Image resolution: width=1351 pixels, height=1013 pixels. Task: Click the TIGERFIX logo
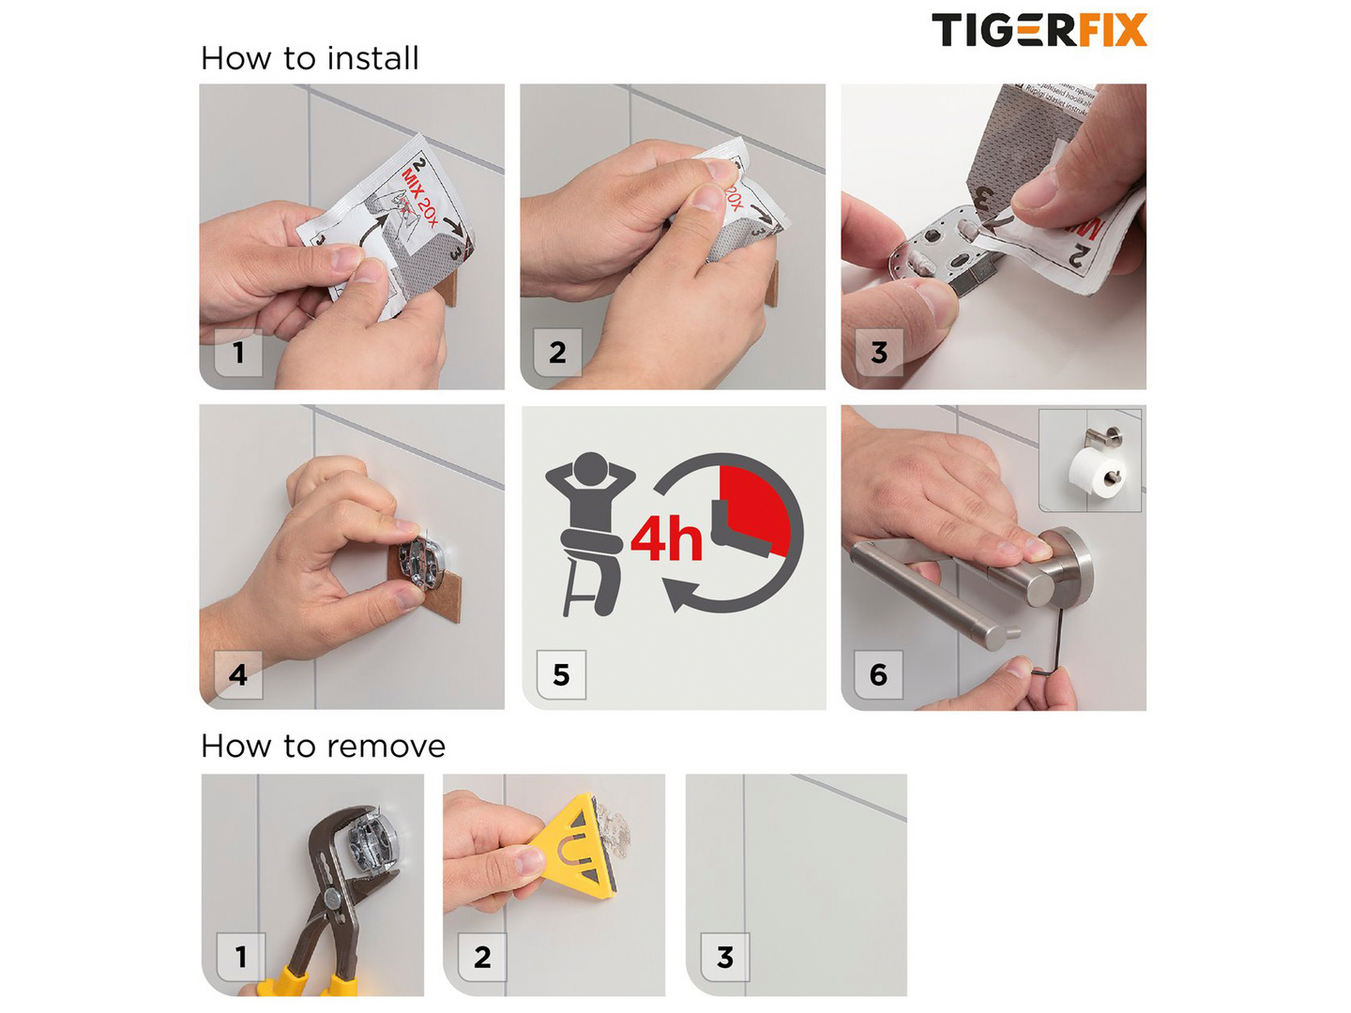point(1039,30)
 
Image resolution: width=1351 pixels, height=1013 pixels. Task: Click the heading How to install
point(310,59)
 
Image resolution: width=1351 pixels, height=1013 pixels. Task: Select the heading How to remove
point(323,747)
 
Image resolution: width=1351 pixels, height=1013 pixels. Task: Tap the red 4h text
point(666,539)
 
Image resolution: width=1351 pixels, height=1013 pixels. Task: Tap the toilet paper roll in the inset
point(1090,470)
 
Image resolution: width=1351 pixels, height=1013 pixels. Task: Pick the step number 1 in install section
point(239,353)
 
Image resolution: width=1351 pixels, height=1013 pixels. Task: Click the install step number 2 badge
point(557,353)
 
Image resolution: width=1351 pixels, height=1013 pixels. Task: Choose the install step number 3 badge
point(879,353)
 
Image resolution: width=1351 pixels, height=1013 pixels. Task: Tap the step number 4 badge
point(238,674)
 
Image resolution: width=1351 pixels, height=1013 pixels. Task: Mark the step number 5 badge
point(561,674)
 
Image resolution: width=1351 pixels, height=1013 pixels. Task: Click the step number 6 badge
point(879,674)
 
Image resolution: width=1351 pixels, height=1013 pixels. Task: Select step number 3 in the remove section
point(725,957)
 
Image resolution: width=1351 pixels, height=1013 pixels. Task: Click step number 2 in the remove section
point(482,957)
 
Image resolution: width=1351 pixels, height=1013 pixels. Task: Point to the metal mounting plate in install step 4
point(417,561)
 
